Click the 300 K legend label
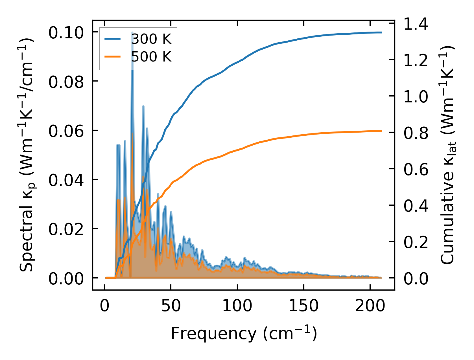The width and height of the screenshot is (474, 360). [151, 39]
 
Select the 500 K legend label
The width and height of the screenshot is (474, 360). [151, 57]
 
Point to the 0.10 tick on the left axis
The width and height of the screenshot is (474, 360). [66, 33]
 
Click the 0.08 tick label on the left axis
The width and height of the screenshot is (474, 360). [66, 82]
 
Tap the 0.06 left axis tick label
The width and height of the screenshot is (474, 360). [66, 131]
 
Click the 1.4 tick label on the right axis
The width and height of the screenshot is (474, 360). [416, 24]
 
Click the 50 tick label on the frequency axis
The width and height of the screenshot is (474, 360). [171, 306]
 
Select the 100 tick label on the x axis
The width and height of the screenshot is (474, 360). [237, 306]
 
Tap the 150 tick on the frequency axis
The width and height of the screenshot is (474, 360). [303, 306]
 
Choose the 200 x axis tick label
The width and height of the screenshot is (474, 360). [370, 306]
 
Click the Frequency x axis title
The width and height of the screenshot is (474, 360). [244, 333]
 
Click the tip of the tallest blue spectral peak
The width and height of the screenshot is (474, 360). [132, 33]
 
